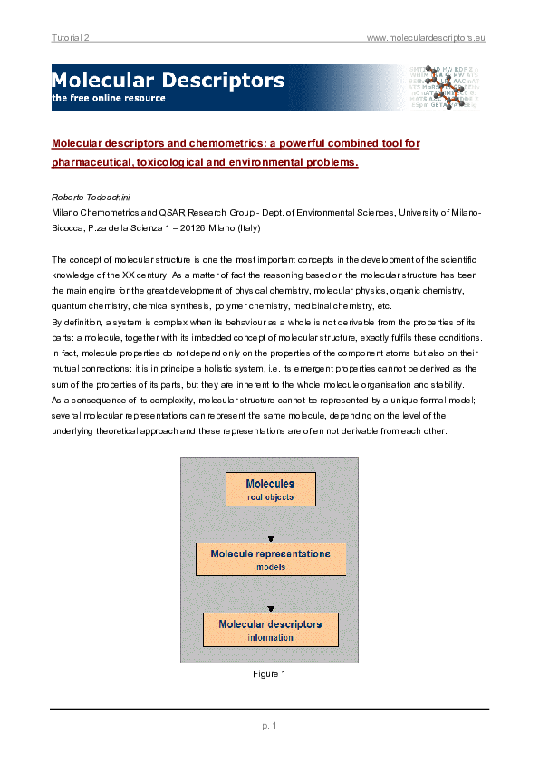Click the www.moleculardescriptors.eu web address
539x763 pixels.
click(x=426, y=36)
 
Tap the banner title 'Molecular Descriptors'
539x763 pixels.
click(x=168, y=81)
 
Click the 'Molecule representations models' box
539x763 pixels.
click(x=270, y=559)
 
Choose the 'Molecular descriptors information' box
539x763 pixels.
click(x=270, y=629)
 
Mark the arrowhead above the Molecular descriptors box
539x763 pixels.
click(x=270, y=607)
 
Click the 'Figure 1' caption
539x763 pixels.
click(x=270, y=673)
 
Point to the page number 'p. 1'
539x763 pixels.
click(x=270, y=725)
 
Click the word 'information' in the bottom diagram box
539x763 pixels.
click(x=270, y=637)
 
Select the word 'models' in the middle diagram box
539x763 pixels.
click(x=270, y=567)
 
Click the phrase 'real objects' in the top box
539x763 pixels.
click(x=270, y=497)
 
